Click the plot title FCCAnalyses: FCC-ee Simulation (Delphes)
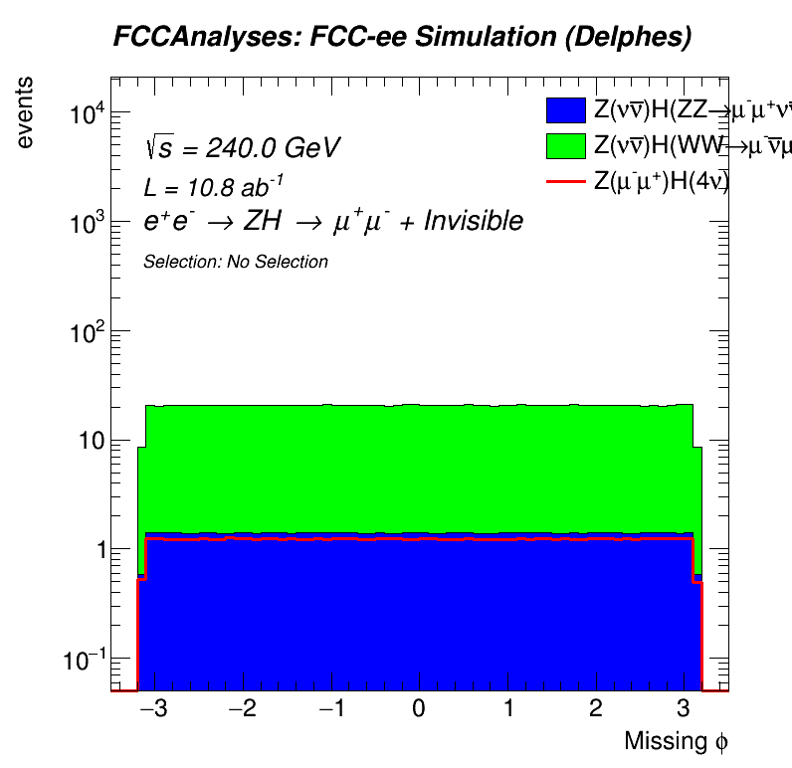[x=402, y=38]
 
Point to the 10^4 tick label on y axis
[x=87, y=114]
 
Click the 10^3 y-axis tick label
[x=87, y=224]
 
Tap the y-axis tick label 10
[x=91, y=441]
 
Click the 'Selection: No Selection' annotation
[x=236, y=262]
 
